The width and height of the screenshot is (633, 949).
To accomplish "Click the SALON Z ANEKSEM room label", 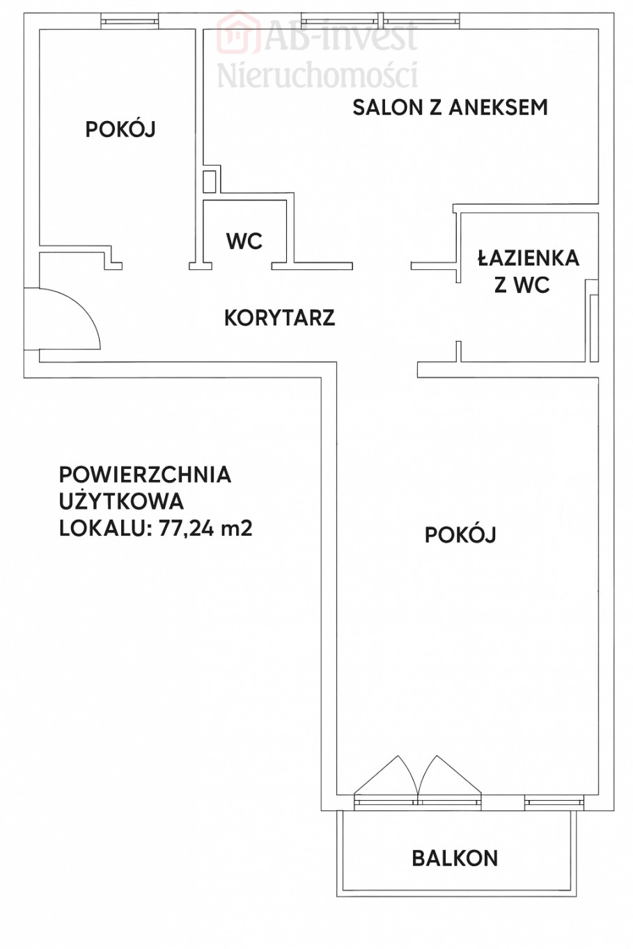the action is pyautogui.click(x=451, y=107).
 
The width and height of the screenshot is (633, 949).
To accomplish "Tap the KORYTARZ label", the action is pyautogui.click(x=279, y=318).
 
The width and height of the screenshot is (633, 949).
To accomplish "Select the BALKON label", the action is pyautogui.click(x=455, y=858).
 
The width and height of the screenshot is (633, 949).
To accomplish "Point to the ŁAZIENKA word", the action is pyautogui.click(x=529, y=258).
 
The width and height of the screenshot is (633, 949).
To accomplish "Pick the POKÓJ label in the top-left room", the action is pyautogui.click(x=120, y=129).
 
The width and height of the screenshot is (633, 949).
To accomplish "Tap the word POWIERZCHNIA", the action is pyautogui.click(x=145, y=475).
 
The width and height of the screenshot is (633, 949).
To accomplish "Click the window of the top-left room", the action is pyautogui.click(x=130, y=21).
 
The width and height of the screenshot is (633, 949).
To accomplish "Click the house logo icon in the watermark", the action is pyautogui.click(x=238, y=33).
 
